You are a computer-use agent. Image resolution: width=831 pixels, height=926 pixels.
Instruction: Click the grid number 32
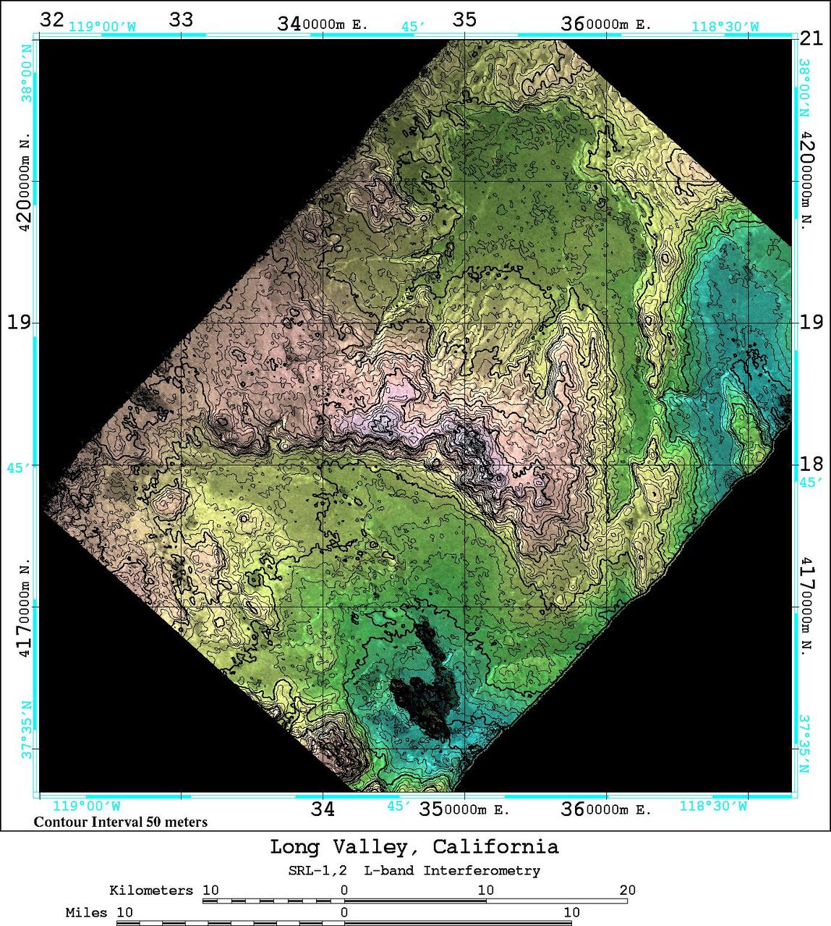pyautogui.click(x=51, y=19)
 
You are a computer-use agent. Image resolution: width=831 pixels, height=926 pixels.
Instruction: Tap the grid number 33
pyautogui.click(x=181, y=20)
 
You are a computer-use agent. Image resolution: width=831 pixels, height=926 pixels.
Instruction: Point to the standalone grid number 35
pyautogui.click(x=464, y=20)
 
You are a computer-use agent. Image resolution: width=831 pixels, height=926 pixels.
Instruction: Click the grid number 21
pyautogui.click(x=811, y=38)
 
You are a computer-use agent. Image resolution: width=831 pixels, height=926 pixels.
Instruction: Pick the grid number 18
pyautogui.click(x=811, y=464)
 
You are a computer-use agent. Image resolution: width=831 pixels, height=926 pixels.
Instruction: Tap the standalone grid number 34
pyautogui.click(x=323, y=809)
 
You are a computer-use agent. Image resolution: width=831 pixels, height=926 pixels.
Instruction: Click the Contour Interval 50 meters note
pyautogui.click(x=121, y=822)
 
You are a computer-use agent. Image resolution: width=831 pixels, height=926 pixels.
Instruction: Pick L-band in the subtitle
pyautogui.click(x=391, y=870)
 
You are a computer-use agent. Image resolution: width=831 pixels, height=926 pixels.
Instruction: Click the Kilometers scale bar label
pyautogui.click(x=151, y=890)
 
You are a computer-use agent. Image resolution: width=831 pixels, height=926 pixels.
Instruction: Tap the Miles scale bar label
pyautogui.click(x=86, y=912)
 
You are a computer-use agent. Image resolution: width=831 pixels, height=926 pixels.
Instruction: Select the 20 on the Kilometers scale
pyautogui.click(x=627, y=890)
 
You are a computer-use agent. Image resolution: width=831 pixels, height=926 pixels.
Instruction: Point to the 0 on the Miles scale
pyautogui.click(x=344, y=912)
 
